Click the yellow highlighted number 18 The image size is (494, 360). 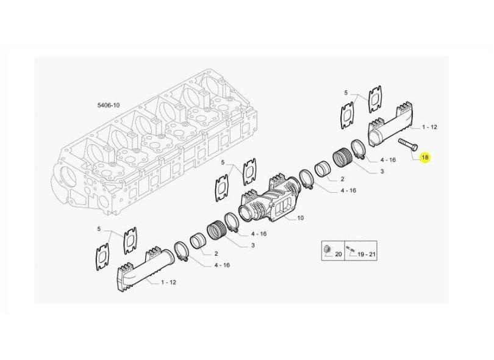(x=425, y=157)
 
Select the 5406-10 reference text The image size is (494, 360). (x=109, y=105)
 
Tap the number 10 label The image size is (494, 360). (x=300, y=218)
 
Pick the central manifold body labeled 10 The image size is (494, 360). (x=270, y=201)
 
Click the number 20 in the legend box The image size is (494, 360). (x=338, y=254)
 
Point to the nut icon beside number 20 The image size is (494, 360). (x=327, y=250)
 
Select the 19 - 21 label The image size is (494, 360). (x=367, y=254)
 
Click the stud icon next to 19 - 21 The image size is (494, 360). (x=350, y=249)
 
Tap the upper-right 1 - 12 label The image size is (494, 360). (x=430, y=127)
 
